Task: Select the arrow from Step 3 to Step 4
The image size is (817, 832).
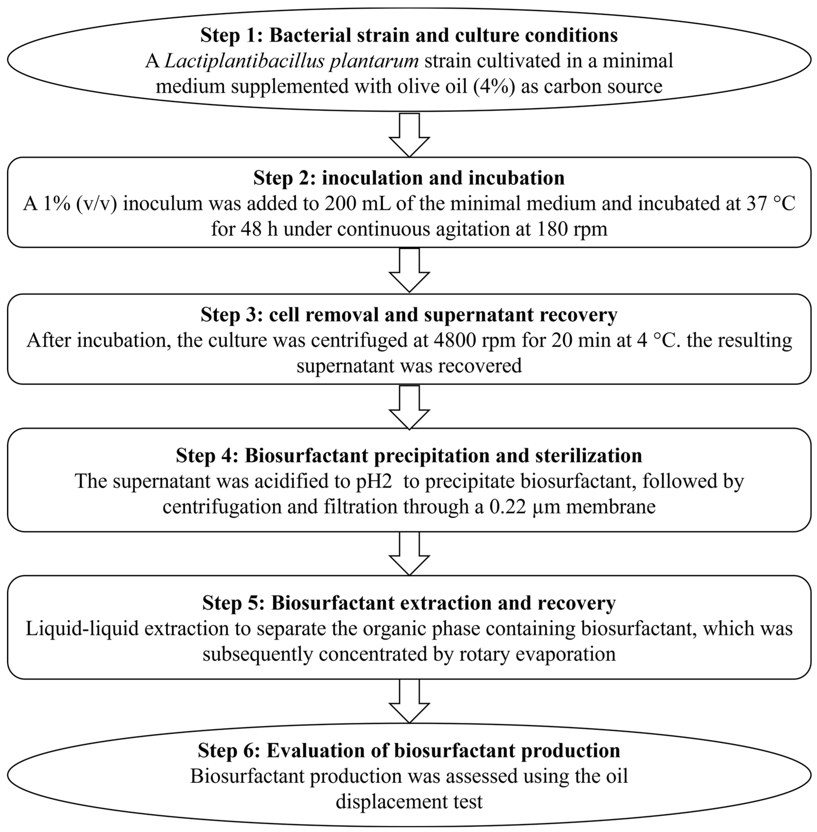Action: point(409,407)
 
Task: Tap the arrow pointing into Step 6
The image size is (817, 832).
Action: point(409,700)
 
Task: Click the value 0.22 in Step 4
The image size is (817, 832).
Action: point(508,507)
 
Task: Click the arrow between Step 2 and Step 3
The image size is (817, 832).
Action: point(409,270)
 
